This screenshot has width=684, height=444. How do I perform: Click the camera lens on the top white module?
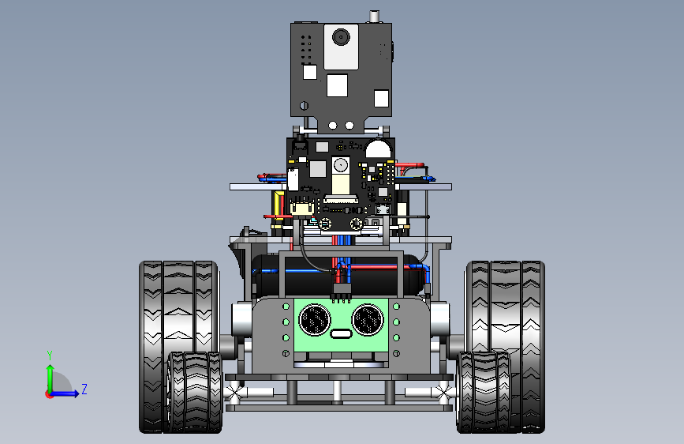click(341, 37)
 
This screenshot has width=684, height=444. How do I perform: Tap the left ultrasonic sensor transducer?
click(315, 320)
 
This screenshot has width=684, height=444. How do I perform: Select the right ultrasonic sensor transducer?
click(368, 320)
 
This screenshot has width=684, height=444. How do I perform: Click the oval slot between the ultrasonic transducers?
click(341, 334)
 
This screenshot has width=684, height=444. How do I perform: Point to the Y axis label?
click(50, 356)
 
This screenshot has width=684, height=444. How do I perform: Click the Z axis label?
click(84, 389)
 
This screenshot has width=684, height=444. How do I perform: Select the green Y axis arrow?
click(50, 379)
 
